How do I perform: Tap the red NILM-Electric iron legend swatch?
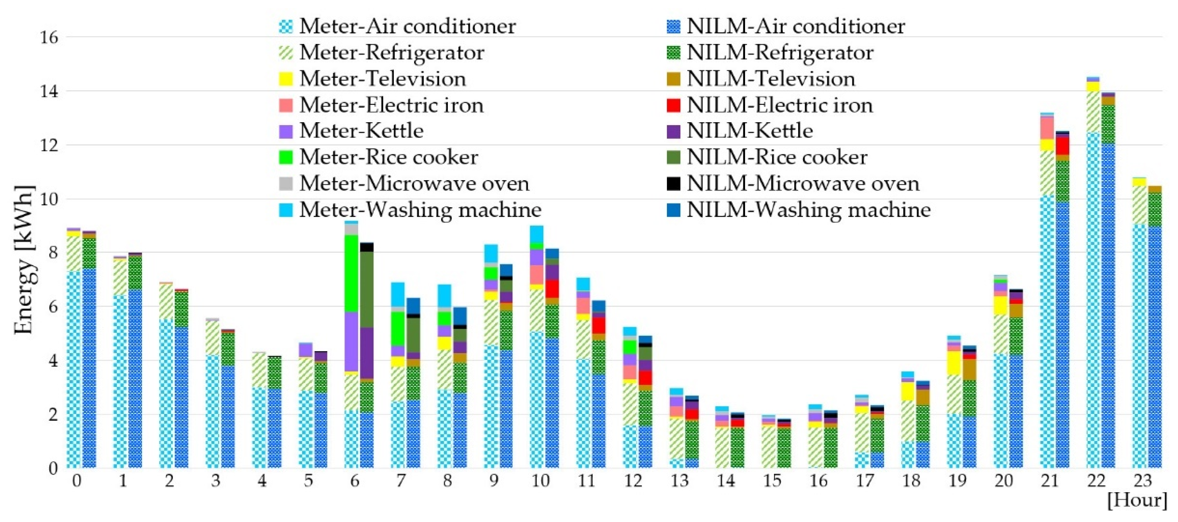point(674,105)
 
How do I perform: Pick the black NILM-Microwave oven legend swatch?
point(674,183)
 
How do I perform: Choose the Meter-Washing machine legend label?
point(420,210)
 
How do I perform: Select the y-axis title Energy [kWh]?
point(24,261)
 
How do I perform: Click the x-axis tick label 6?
point(354,481)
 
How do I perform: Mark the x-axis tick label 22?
point(1096,481)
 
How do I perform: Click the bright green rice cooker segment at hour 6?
point(351,274)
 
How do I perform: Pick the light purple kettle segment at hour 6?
point(351,341)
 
